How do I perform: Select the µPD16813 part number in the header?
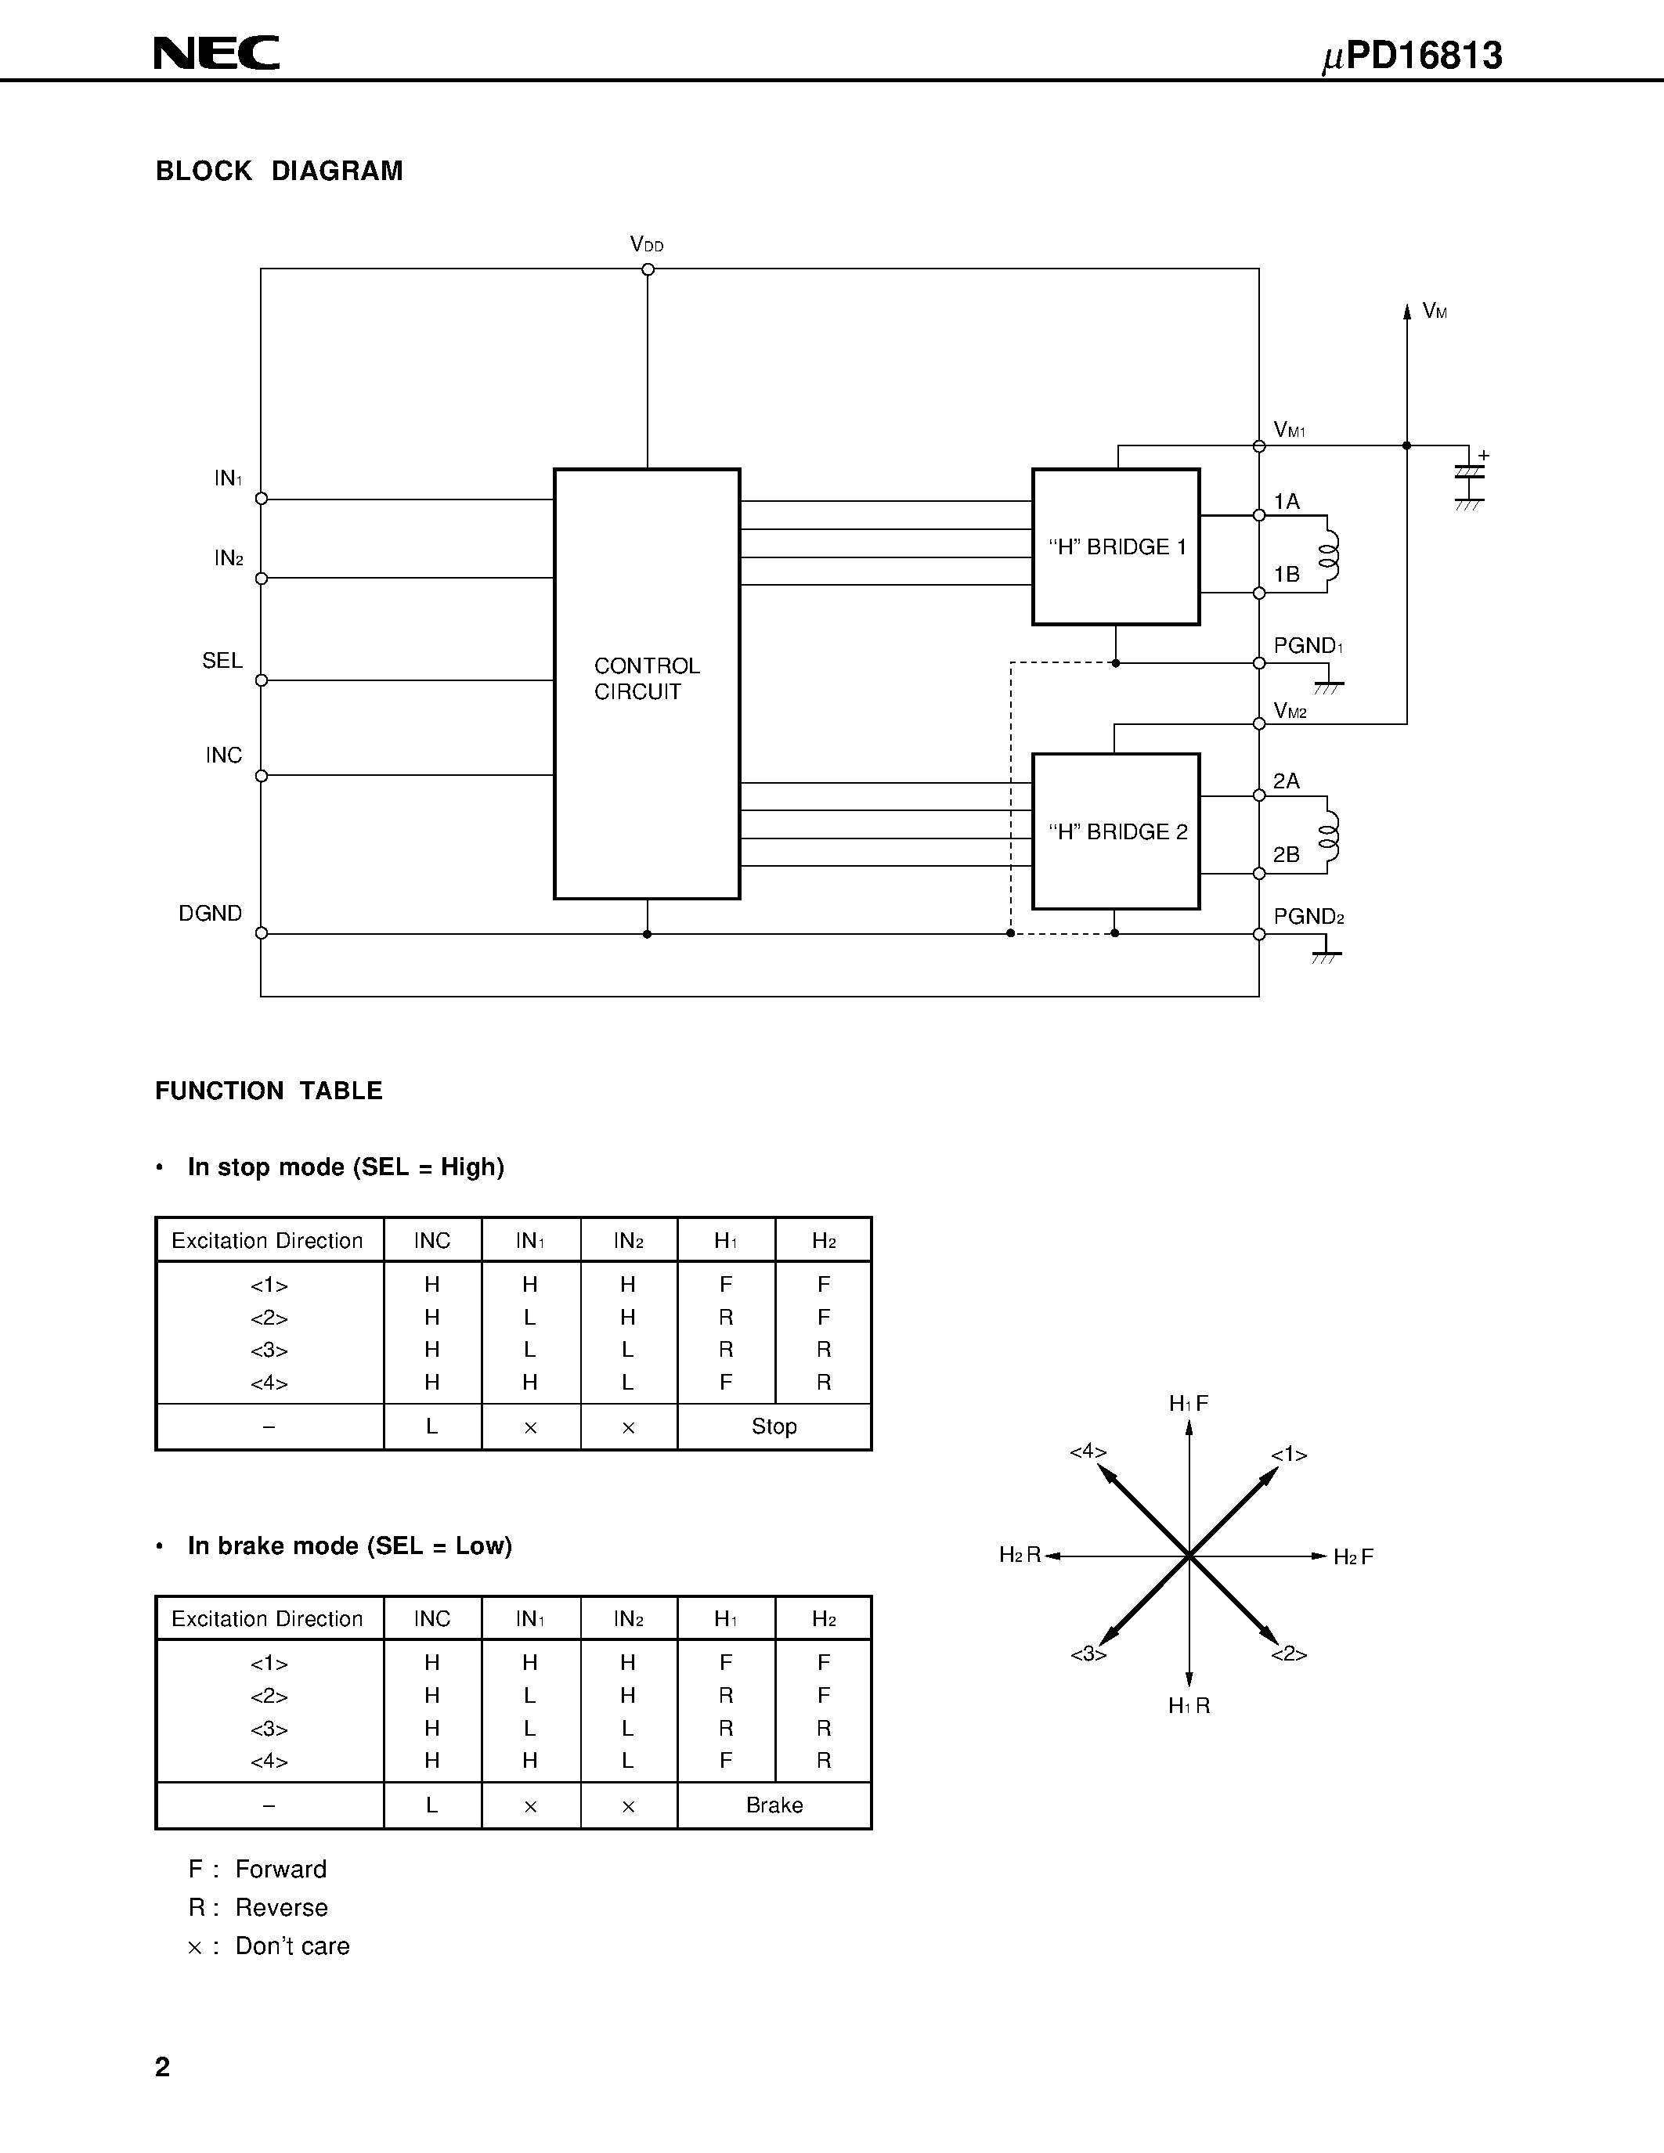(1412, 56)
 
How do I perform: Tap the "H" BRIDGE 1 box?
(1116, 546)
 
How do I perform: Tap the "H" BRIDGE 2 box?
(1116, 831)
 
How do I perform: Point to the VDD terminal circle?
(648, 269)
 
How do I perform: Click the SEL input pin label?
(222, 661)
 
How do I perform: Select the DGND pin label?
(210, 913)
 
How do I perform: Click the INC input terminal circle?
(262, 776)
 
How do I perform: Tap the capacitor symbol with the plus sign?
(1469, 473)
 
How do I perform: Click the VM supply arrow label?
(1435, 312)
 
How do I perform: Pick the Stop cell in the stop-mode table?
(774, 1426)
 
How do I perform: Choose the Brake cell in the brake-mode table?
(774, 1805)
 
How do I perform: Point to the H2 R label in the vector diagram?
(1020, 1556)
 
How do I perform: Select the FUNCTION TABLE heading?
(268, 1091)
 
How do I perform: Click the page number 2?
(163, 2066)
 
